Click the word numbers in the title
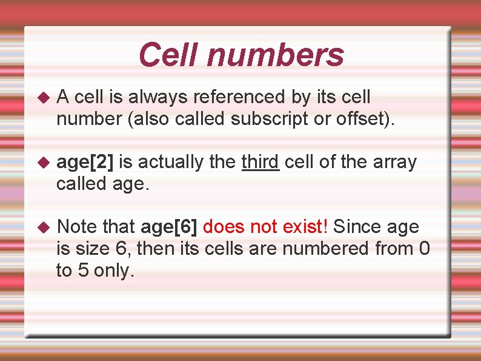coord(275,55)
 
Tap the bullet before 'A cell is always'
coord(42,97)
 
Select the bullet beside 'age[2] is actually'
coord(42,163)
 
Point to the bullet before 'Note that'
coord(42,228)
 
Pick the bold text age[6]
coord(169,228)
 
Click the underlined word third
coord(260,162)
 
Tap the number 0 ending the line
coord(425,249)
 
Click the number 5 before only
coord(83,271)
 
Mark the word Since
coord(357,228)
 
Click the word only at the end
coord(113,272)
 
